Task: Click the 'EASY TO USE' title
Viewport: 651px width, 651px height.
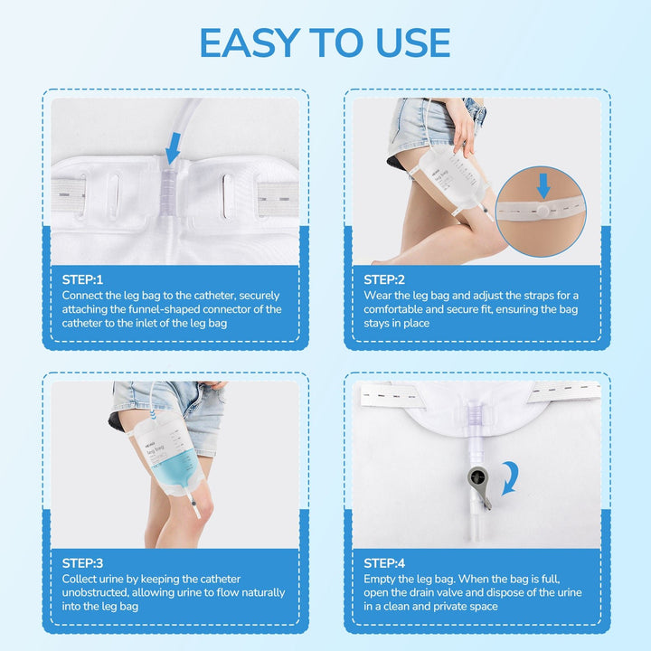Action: [x=325, y=42]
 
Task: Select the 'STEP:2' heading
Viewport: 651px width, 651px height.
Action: [x=385, y=279]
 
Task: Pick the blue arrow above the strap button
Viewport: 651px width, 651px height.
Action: [x=542, y=185]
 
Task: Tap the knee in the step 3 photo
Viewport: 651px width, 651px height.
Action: [x=201, y=511]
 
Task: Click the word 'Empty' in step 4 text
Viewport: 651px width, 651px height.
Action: [x=380, y=579]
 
